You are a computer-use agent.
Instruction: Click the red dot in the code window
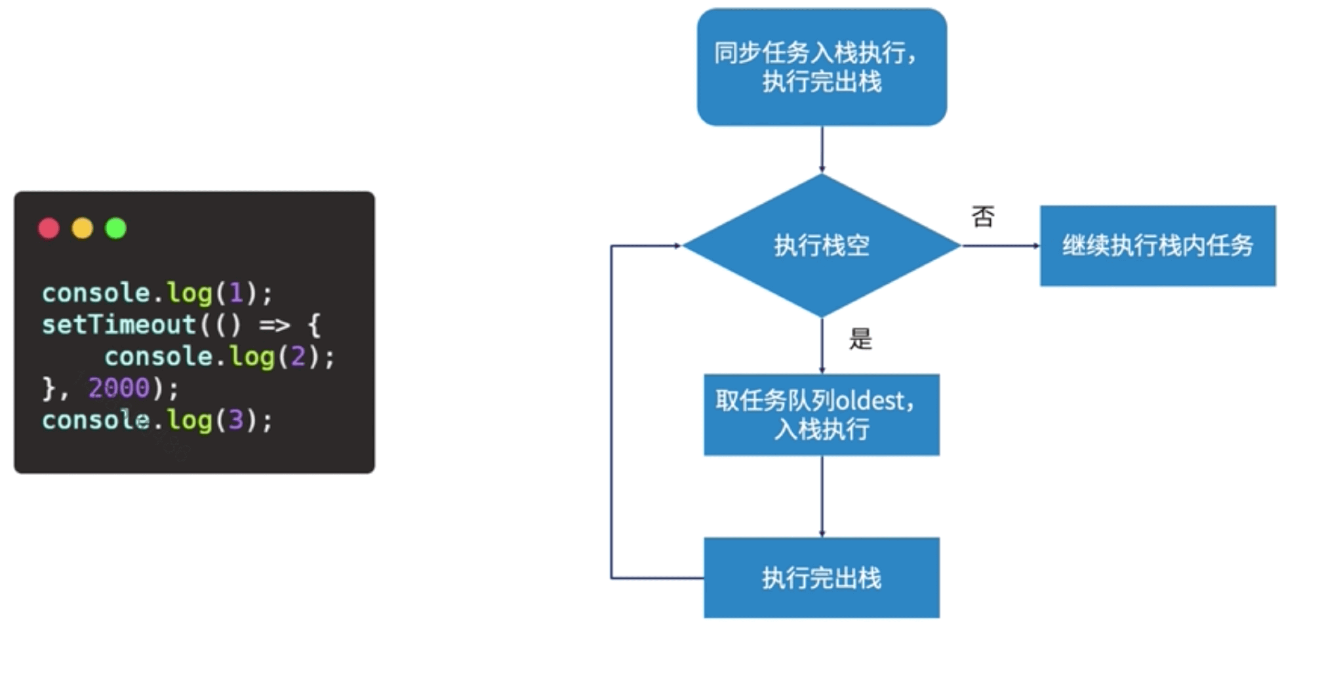[x=49, y=228]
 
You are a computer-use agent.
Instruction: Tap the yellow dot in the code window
[x=82, y=228]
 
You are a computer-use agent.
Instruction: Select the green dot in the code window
[x=116, y=228]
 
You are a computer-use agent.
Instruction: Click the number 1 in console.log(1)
[x=236, y=293]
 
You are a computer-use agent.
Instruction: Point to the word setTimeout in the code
[x=118, y=325]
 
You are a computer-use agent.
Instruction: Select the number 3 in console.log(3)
[x=236, y=420]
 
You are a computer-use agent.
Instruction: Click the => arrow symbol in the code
[x=275, y=325]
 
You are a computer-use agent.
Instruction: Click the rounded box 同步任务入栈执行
[x=822, y=67]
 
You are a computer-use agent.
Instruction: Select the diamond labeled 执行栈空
[x=822, y=245]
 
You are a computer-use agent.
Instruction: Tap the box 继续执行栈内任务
[x=1158, y=245]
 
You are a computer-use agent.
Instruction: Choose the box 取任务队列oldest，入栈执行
[x=822, y=415]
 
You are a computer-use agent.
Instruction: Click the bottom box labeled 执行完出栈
[x=822, y=578]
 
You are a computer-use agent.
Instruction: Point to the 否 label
[x=983, y=217]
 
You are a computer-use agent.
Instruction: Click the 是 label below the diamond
[x=861, y=339]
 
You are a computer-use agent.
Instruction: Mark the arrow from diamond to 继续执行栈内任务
[x=1001, y=246]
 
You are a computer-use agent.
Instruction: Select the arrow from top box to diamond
[x=822, y=149]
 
